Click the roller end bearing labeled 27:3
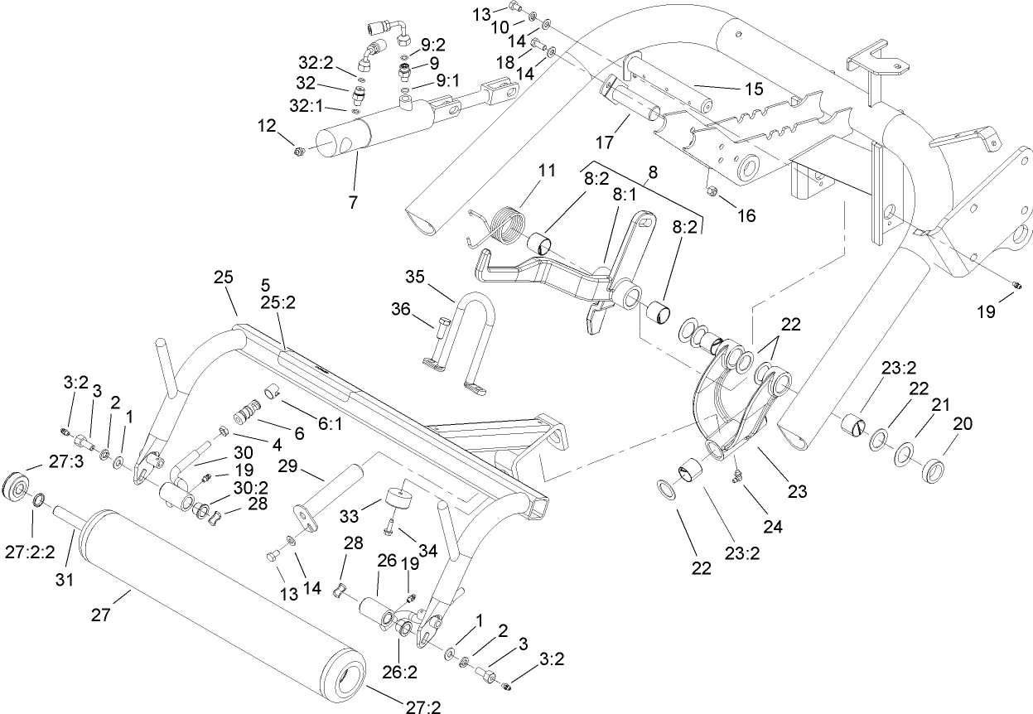[17, 486]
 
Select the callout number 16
[746, 216]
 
